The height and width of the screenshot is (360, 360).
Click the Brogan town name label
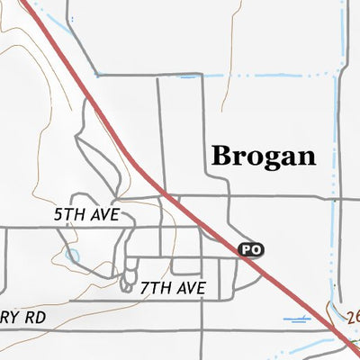pyautogui.click(x=263, y=156)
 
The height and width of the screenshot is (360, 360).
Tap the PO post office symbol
pyautogui.click(x=251, y=248)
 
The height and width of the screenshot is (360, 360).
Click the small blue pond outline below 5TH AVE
pyautogui.click(x=73, y=257)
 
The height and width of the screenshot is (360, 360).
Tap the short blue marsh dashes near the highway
pyautogui.click(x=296, y=319)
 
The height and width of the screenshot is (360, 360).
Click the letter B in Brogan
pyautogui.click(x=221, y=156)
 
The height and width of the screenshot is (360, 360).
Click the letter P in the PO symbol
pyautogui.click(x=247, y=248)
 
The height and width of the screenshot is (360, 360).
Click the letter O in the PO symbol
pyautogui.click(x=256, y=248)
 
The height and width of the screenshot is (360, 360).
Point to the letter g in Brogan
pyautogui.click(x=269, y=160)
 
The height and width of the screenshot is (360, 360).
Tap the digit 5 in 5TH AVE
pyautogui.click(x=58, y=216)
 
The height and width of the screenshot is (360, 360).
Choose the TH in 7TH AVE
pyautogui.click(x=158, y=289)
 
